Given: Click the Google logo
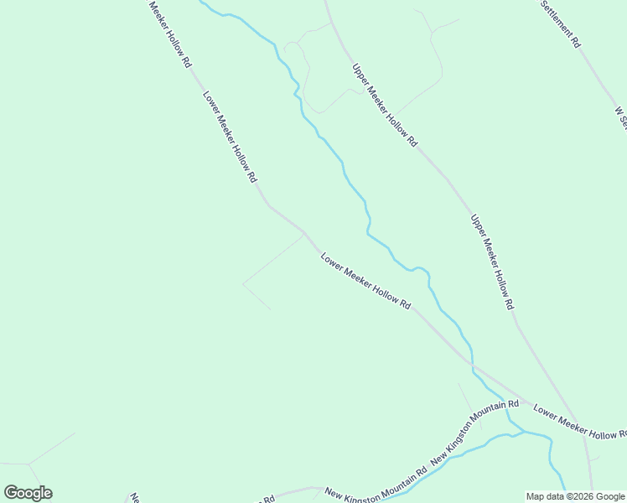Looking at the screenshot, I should [28, 493].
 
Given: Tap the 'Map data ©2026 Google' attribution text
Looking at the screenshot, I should [576, 496].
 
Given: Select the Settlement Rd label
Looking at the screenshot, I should [559, 23].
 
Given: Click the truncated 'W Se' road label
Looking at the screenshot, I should [620, 117].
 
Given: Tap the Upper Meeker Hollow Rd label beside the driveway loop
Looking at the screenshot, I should [384, 106].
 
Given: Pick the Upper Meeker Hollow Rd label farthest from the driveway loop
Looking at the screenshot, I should [491, 262].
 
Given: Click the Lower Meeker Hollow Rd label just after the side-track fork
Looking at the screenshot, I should [365, 282].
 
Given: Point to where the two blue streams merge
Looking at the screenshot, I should [521, 433].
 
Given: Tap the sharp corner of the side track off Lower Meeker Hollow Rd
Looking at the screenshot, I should [243, 283].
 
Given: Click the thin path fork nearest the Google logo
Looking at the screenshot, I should [29, 463].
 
